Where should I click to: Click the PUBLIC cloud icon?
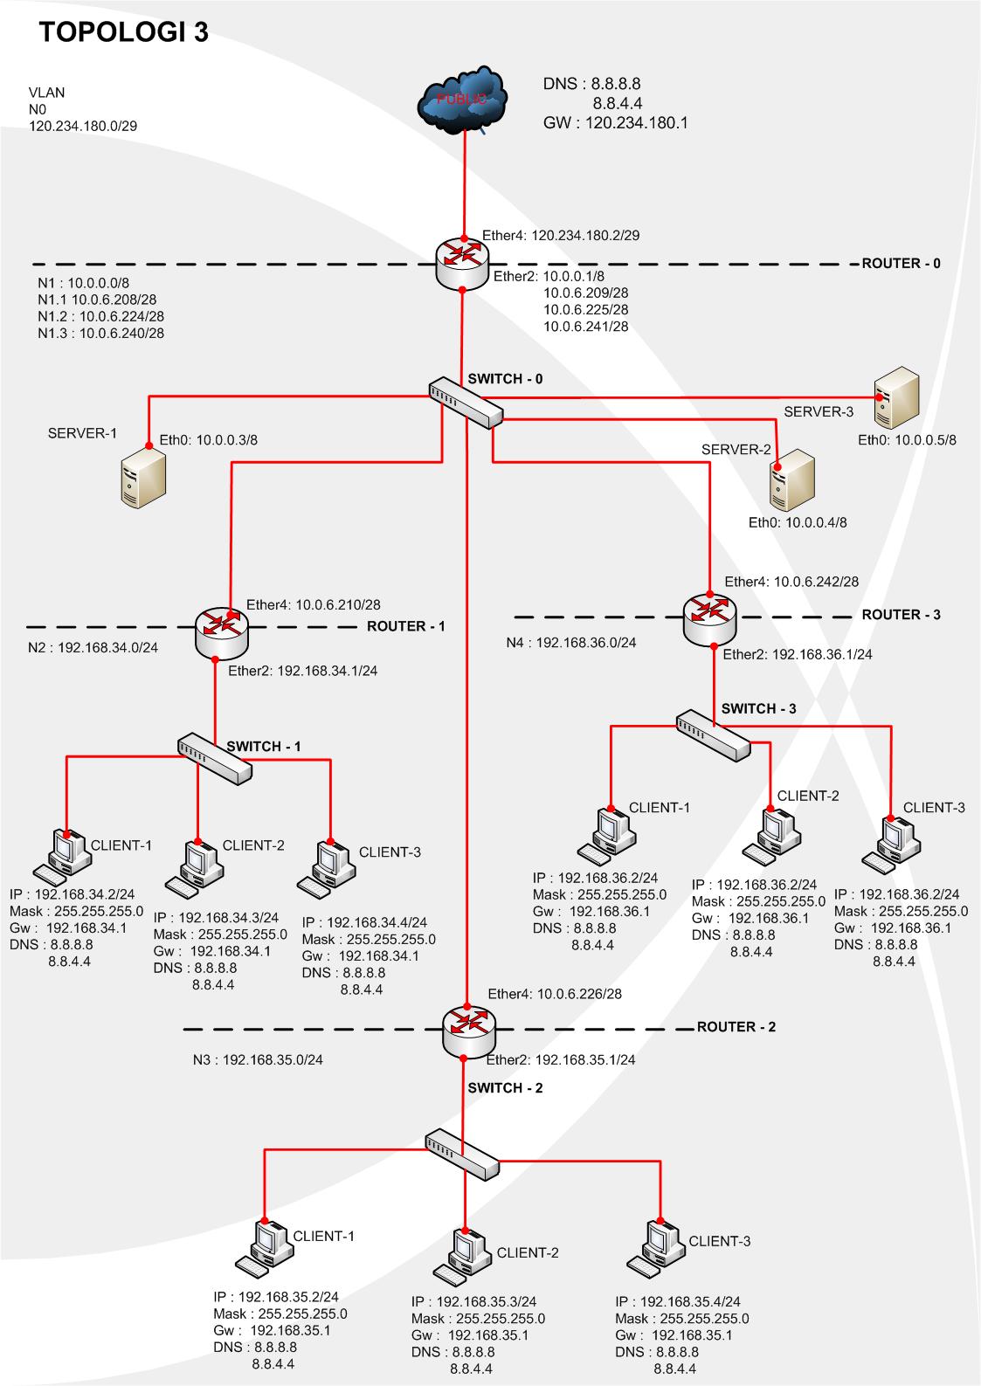[x=462, y=100]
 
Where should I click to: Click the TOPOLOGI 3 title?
[x=124, y=32]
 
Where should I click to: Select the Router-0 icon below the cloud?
[x=462, y=265]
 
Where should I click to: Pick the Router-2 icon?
[x=469, y=1031]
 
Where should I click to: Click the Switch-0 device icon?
[x=466, y=403]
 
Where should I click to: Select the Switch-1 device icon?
[x=215, y=759]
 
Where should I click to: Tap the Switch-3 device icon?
[x=713, y=735]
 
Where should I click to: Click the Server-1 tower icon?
[x=143, y=479]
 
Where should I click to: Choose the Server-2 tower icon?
[x=791, y=480]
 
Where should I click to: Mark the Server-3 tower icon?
[x=896, y=398]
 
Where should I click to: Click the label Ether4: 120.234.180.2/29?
[x=561, y=235]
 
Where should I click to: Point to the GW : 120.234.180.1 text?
[x=615, y=122]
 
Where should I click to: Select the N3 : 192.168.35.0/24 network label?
[x=258, y=1060]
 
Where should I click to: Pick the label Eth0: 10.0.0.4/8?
[x=798, y=522]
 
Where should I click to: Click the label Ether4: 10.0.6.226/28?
[x=555, y=994]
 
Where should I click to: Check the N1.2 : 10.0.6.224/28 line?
[x=100, y=316]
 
